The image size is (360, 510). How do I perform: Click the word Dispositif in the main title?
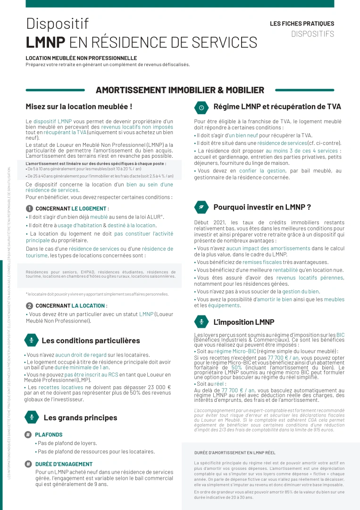pyautogui.click(x=57, y=23)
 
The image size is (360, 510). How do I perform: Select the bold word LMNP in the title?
pyautogui.click(x=45, y=42)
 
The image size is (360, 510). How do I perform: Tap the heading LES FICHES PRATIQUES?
pyautogui.click(x=302, y=24)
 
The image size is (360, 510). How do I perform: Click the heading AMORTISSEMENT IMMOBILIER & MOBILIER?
pyautogui.click(x=180, y=90)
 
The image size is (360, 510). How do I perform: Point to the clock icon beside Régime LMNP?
pyautogui.click(x=201, y=108)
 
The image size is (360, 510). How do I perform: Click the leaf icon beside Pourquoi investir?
pyautogui.click(x=201, y=207)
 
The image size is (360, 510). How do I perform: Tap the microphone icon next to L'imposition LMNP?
pyautogui.click(x=201, y=323)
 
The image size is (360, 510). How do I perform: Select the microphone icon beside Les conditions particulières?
pyautogui.click(x=32, y=340)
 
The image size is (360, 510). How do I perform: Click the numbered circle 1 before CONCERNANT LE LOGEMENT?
pyautogui.click(x=29, y=208)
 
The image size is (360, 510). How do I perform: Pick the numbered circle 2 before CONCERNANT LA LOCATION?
pyautogui.click(x=29, y=306)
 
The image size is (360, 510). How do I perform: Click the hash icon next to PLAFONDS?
pyautogui.click(x=28, y=435)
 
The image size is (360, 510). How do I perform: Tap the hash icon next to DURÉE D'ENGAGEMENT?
pyautogui.click(x=28, y=464)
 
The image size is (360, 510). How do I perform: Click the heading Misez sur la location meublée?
pyautogui.click(x=79, y=107)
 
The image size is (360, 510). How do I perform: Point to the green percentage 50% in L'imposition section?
pyautogui.click(x=236, y=367)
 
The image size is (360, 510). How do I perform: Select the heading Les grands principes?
pyautogui.click(x=80, y=417)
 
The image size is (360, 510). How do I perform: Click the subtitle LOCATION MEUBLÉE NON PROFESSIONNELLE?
pyautogui.click(x=81, y=58)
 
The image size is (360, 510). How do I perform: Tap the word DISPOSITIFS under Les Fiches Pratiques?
pyautogui.click(x=312, y=34)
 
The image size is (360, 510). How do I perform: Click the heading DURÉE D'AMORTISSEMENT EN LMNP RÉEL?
pyautogui.click(x=234, y=452)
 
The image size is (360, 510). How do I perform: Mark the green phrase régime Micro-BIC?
pyautogui.click(x=235, y=351)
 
